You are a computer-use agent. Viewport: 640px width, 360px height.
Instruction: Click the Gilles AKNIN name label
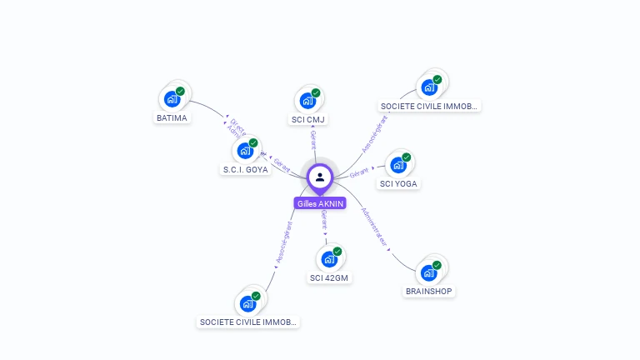(320, 203)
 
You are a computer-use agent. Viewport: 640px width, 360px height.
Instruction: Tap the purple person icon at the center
(320, 177)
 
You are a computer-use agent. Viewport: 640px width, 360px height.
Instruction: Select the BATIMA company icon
(172, 99)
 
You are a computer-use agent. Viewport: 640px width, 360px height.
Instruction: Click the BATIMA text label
(172, 118)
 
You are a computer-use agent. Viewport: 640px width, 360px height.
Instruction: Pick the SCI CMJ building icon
(308, 101)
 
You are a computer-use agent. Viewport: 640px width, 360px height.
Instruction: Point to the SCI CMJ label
(308, 120)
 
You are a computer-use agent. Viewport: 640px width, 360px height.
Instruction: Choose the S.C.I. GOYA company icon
(245, 151)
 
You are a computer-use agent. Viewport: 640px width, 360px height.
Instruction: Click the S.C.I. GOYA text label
(245, 170)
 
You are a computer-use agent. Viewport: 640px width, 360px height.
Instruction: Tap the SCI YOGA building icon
(398, 165)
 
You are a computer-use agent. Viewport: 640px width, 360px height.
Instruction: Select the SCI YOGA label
(399, 184)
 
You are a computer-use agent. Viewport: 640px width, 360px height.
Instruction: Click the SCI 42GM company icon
(329, 259)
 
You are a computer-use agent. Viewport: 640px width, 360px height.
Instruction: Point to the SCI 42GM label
(329, 278)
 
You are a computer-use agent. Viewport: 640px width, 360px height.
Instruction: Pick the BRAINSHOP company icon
(428, 272)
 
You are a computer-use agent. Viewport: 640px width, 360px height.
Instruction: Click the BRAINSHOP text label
(429, 292)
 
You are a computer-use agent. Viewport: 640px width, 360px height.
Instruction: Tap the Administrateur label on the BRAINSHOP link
(375, 227)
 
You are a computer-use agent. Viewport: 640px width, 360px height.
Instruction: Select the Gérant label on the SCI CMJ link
(312, 138)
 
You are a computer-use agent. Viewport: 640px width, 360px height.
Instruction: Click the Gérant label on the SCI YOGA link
(359, 172)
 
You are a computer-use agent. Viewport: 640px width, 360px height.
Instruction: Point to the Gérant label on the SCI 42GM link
(324, 220)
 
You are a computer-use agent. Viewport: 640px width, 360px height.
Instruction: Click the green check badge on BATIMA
(180, 92)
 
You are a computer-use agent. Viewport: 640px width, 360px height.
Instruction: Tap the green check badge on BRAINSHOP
(437, 265)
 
